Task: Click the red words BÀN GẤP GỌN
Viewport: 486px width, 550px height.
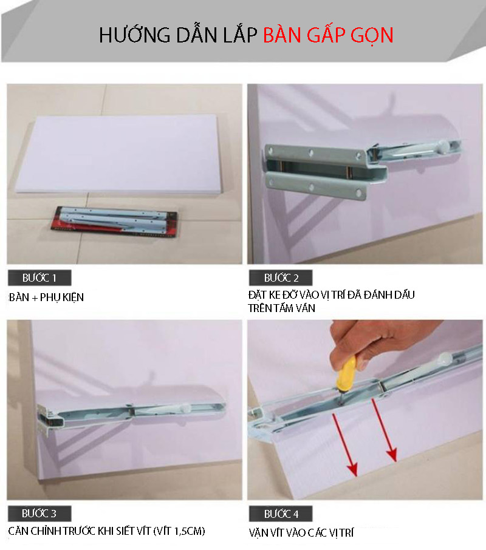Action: [x=328, y=35]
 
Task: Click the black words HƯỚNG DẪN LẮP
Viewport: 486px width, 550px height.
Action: [x=178, y=35]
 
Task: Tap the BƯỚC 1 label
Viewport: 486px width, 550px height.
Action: [x=39, y=278]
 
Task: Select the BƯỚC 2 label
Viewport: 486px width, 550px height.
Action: [x=281, y=278]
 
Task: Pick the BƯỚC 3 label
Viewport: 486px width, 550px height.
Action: [x=39, y=514]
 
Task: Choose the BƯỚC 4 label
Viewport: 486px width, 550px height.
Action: [x=281, y=514]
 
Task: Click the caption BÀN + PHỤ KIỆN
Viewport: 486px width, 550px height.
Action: [x=46, y=297]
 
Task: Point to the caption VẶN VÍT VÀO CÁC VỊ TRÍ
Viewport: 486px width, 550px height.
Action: [x=301, y=533]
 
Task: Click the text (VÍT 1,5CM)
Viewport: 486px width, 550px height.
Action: [x=179, y=531]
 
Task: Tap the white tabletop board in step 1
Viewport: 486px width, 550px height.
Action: [x=119, y=154]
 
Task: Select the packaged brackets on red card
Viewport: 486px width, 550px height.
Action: [x=114, y=222]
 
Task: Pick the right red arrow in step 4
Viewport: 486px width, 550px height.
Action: [x=384, y=430]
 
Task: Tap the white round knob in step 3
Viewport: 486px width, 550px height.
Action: [x=185, y=409]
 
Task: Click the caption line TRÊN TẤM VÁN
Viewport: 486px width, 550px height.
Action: [x=281, y=308]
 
